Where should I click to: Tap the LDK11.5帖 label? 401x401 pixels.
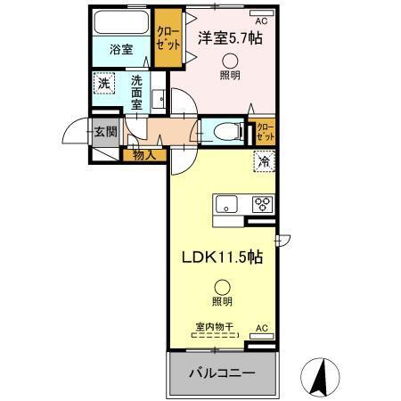pyautogui.click(x=222, y=257)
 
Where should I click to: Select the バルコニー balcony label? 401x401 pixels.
pyautogui.click(x=221, y=372)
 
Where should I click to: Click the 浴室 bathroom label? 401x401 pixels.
pyautogui.click(x=121, y=50)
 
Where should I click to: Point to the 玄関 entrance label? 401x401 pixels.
pyautogui.click(x=106, y=132)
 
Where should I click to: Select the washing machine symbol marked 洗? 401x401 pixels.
pyautogui.click(x=105, y=86)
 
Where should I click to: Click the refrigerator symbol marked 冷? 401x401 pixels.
pyautogui.click(x=265, y=161)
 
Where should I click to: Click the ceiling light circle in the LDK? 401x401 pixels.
pyautogui.click(x=222, y=287)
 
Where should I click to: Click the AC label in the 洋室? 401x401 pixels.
pyautogui.click(x=261, y=20)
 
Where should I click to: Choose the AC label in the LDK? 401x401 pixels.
pyautogui.click(x=262, y=328)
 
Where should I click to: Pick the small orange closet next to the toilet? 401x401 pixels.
pyautogui.click(x=264, y=133)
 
